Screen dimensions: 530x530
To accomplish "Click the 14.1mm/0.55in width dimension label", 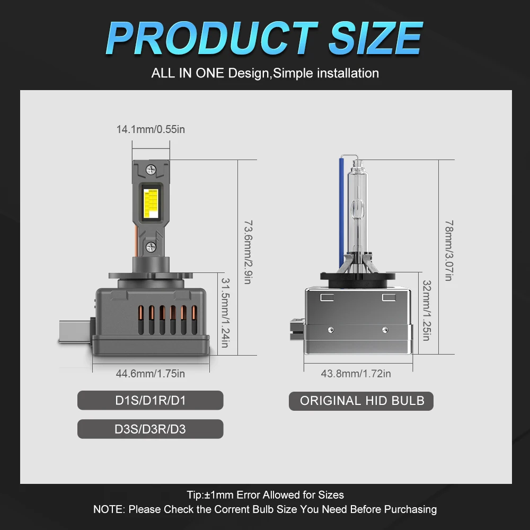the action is [x=151, y=129].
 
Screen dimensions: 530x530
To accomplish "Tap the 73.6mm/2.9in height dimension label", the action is [x=248, y=252].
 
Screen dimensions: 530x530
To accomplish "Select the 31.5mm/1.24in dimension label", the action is [x=225, y=313].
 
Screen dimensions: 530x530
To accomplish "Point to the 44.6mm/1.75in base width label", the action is [x=151, y=374].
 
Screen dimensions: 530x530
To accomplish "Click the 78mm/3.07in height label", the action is [x=449, y=251].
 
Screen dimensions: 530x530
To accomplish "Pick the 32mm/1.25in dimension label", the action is [x=427, y=310].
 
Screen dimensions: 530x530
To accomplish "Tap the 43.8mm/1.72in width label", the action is [x=356, y=374].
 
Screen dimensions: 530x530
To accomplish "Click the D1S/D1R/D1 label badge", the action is [x=151, y=401].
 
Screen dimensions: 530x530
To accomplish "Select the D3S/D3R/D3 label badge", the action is [x=151, y=429].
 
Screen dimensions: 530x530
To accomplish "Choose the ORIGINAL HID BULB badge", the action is [x=361, y=401].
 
